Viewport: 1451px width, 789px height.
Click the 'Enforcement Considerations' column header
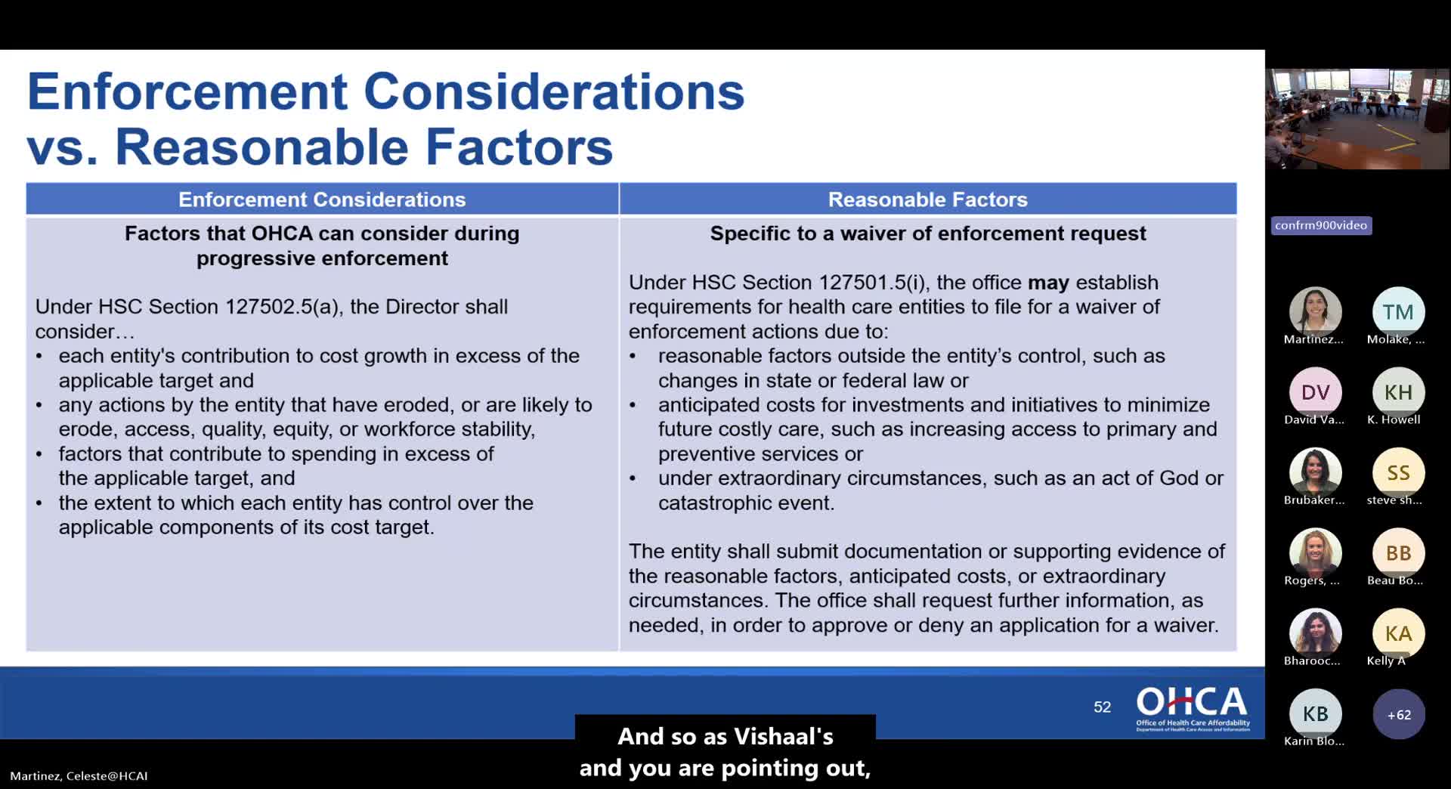(x=322, y=200)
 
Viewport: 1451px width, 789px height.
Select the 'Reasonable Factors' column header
(x=928, y=200)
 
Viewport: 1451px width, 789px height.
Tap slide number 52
(x=1103, y=707)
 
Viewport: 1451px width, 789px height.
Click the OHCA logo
(x=1193, y=708)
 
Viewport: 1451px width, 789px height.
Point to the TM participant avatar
(x=1398, y=312)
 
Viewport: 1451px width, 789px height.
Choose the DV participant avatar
(x=1315, y=392)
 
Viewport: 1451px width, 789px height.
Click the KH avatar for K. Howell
(x=1398, y=392)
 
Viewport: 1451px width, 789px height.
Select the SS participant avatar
(x=1398, y=472)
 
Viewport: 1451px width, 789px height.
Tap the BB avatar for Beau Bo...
(x=1398, y=553)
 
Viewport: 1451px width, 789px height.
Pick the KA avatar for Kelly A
(x=1398, y=633)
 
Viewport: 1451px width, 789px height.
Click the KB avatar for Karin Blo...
(x=1315, y=713)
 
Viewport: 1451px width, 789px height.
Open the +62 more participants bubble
(x=1398, y=714)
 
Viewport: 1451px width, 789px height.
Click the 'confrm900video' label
(x=1321, y=225)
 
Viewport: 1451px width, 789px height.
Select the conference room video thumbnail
(x=1357, y=119)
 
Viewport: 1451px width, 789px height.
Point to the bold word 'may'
(x=1048, y=283)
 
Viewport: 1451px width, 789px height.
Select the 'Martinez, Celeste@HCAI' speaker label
(x=79, y=775)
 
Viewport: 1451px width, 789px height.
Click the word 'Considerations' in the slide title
(x=554, y=91)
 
